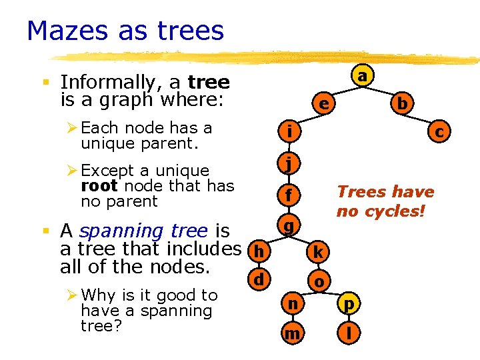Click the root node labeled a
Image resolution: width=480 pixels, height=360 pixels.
[361, 77]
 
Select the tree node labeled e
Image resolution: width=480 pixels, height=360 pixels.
[323, 105]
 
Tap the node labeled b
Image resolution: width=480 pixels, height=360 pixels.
[402, 104]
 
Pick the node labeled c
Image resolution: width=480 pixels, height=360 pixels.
[439, 133]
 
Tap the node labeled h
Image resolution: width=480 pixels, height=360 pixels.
[258, 252]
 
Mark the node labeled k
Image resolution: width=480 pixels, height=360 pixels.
[319, 252]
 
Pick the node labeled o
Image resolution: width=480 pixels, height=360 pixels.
[319, 281]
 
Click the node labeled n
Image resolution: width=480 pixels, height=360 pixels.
[291, 305]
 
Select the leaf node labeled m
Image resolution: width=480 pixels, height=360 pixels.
[291, 333]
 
